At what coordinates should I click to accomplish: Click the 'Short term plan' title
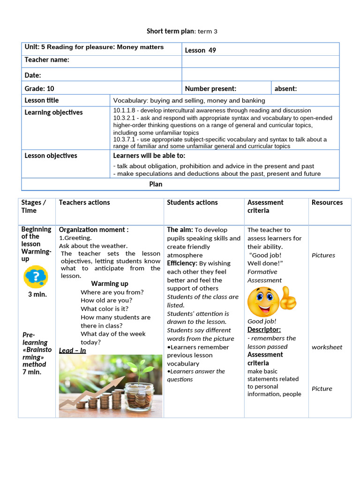coord(182,31)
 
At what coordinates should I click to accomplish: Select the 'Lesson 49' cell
coord(201,50)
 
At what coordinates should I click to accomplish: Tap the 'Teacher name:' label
coord(47,60)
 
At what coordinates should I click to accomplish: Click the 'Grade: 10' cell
coord(39,89)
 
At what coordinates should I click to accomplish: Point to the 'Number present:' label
coord(210,89)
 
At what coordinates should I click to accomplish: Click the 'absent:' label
coord(285,89)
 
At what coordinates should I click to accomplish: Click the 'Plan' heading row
coord(156,184)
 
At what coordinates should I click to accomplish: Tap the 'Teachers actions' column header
coord(84,202)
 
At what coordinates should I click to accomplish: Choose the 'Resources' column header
coord(327,202)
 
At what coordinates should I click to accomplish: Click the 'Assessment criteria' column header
coord(265,206)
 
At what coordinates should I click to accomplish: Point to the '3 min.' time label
coord(37,295)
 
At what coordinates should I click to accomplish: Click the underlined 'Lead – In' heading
coord(72,351)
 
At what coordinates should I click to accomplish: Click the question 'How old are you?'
coord(106,300)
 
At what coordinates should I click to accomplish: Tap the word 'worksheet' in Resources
coord(327,347)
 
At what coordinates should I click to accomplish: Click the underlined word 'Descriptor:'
coord(264,330)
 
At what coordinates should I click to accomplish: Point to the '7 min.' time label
coord(32,372)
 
